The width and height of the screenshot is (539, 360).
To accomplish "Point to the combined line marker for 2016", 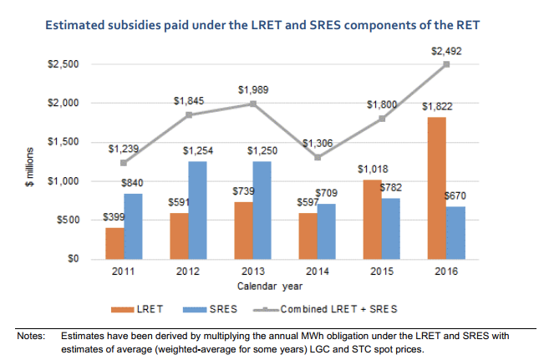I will (447, 64).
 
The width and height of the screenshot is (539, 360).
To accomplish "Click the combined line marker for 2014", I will (318, 157).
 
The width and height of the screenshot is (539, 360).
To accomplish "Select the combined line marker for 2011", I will (124, 162).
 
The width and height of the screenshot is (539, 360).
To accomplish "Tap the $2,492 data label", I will (447, 52).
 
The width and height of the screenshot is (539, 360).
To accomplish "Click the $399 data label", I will (114, 217).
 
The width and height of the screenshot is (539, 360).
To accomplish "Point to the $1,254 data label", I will (198, 151).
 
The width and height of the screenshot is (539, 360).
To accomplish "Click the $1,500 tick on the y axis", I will (64, 142).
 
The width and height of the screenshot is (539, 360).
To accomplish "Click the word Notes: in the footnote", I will (31, 336).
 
